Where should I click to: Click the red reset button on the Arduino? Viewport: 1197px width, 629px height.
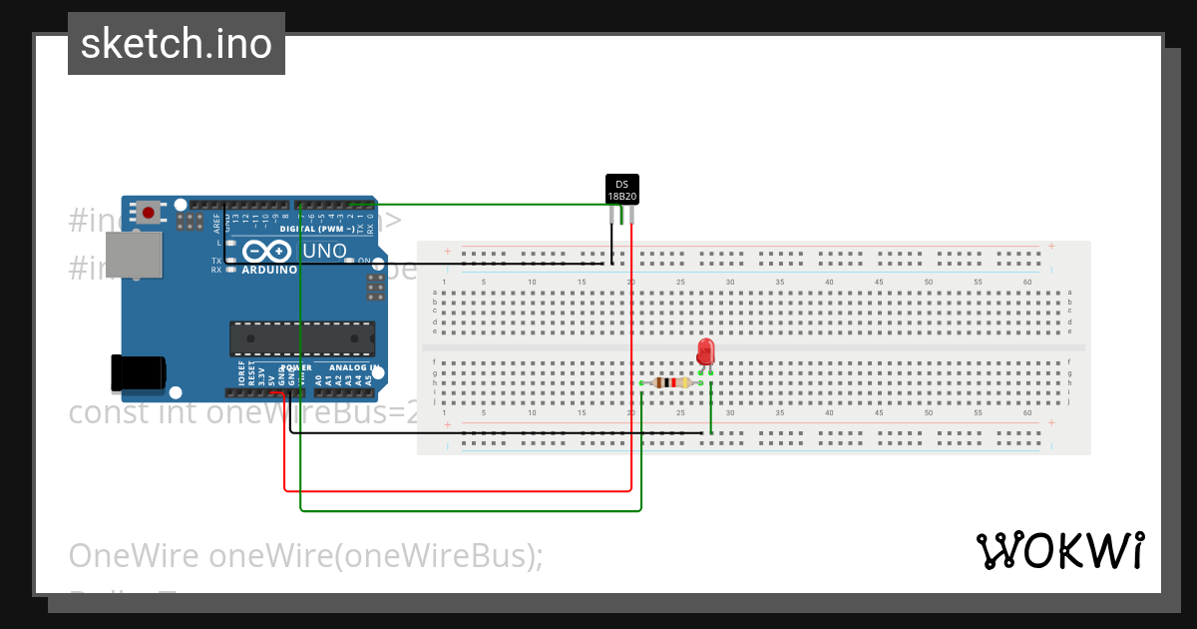tap(149, 212)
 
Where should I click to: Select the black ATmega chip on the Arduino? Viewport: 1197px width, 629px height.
tap(302, 338)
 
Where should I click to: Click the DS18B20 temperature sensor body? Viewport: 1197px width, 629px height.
tap(621, 190)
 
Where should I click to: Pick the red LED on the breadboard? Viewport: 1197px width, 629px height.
tap(705, 351)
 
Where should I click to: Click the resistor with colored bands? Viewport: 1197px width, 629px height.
tap(671, 382)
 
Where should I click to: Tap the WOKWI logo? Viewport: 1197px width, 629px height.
tap(1059, 551)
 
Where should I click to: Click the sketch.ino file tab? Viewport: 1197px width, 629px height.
tap(177, 44)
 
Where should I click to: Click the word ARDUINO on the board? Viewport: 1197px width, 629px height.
tap(268, 270)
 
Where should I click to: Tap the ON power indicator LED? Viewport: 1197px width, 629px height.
tap(350, 262)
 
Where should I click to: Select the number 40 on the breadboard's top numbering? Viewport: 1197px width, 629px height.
tap(829, 283)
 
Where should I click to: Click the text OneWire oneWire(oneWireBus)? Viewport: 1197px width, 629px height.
tap(305, 555)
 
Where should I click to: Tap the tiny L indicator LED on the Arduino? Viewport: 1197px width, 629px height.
tap(229, 243)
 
